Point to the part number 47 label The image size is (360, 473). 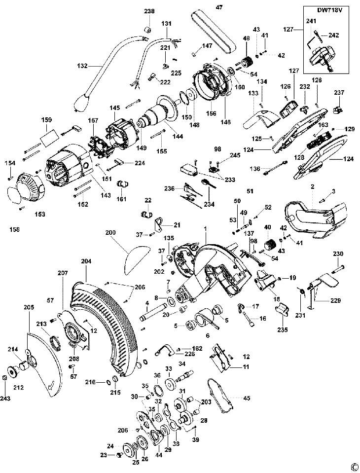tap(219, 7)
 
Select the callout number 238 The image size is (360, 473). tap(149, 11)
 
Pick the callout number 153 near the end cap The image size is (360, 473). tap(39, 215)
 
